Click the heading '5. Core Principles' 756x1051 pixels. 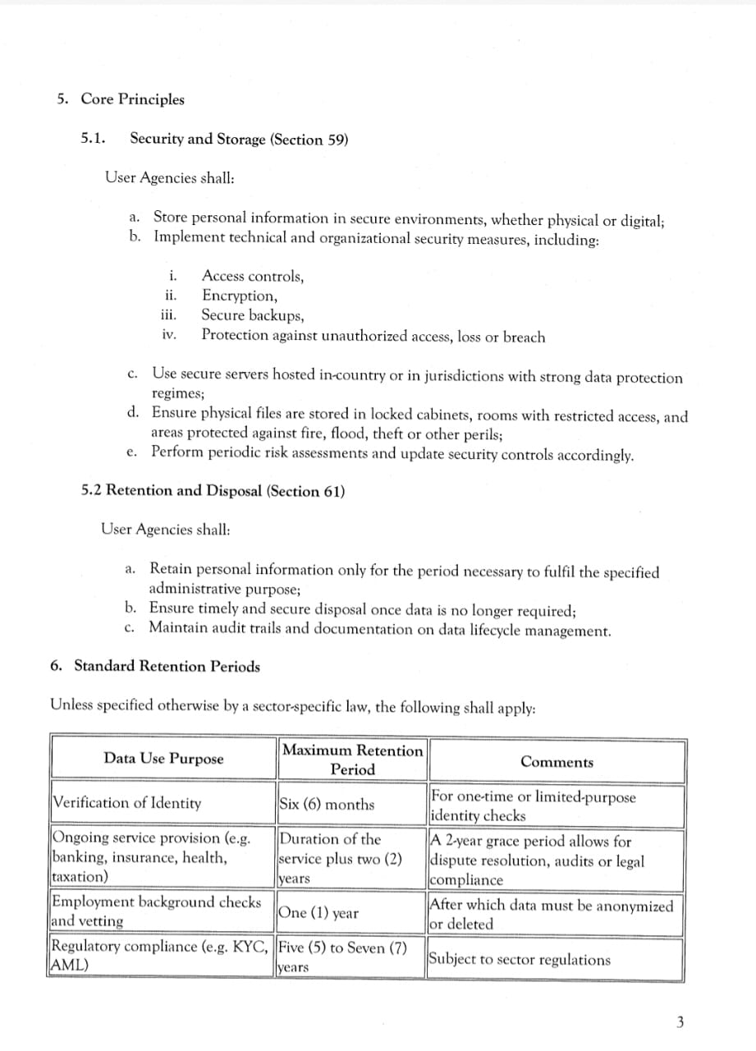pos(121,99)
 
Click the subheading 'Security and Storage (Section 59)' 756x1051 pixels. pos(239,139)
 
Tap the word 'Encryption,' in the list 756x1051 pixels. pos(240,296)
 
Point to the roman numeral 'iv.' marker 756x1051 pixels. pos(169,335)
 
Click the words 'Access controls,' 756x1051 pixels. pos(253,276)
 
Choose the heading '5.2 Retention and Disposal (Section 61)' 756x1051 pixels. pos(213,491)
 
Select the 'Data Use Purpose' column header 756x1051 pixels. pos(163,759)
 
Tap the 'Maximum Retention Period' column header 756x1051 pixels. pos(352,760)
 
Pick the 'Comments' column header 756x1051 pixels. pos(557,762)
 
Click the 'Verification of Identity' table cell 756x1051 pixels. pos(126,803)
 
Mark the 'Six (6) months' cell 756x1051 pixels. pos(327,805)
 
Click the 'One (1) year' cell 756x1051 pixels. pos(318,913)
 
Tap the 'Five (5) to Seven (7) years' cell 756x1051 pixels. pos(343,957)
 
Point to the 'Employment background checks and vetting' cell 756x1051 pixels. pos(157,911)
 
